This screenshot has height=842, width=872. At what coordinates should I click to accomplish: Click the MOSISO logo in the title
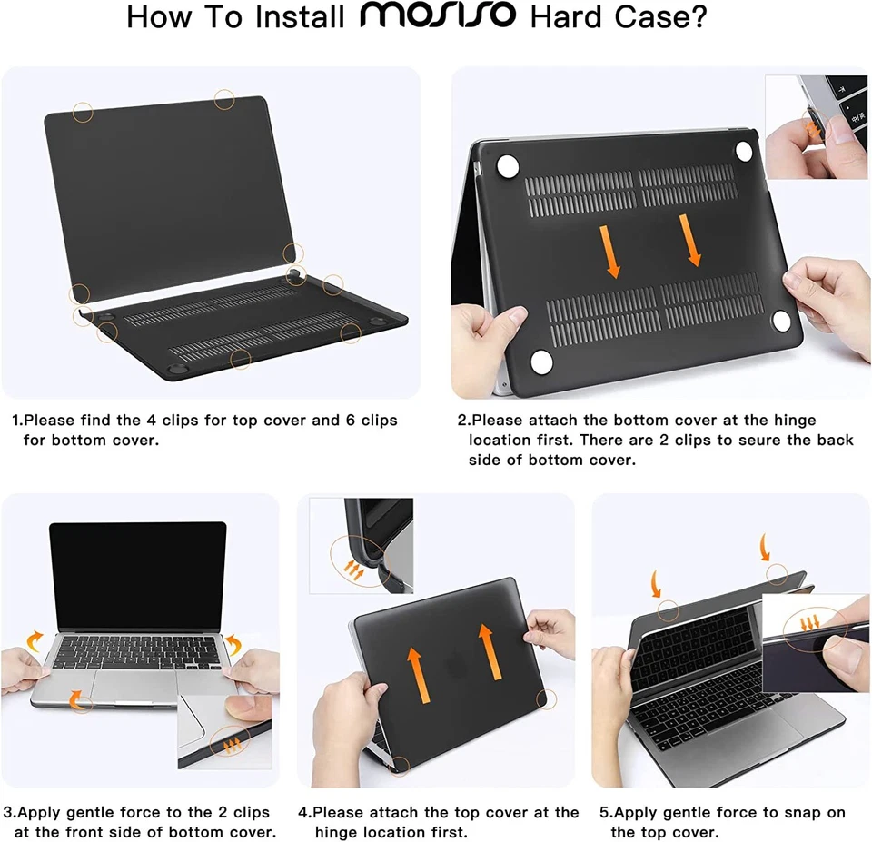click(x=440, y=15)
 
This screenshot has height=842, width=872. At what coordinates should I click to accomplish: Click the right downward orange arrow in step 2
click(x=691, y=240)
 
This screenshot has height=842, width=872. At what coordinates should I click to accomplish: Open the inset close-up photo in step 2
click(x=816, y=126)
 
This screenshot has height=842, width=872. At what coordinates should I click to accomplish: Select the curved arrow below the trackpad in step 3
click(x=78, y=699)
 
